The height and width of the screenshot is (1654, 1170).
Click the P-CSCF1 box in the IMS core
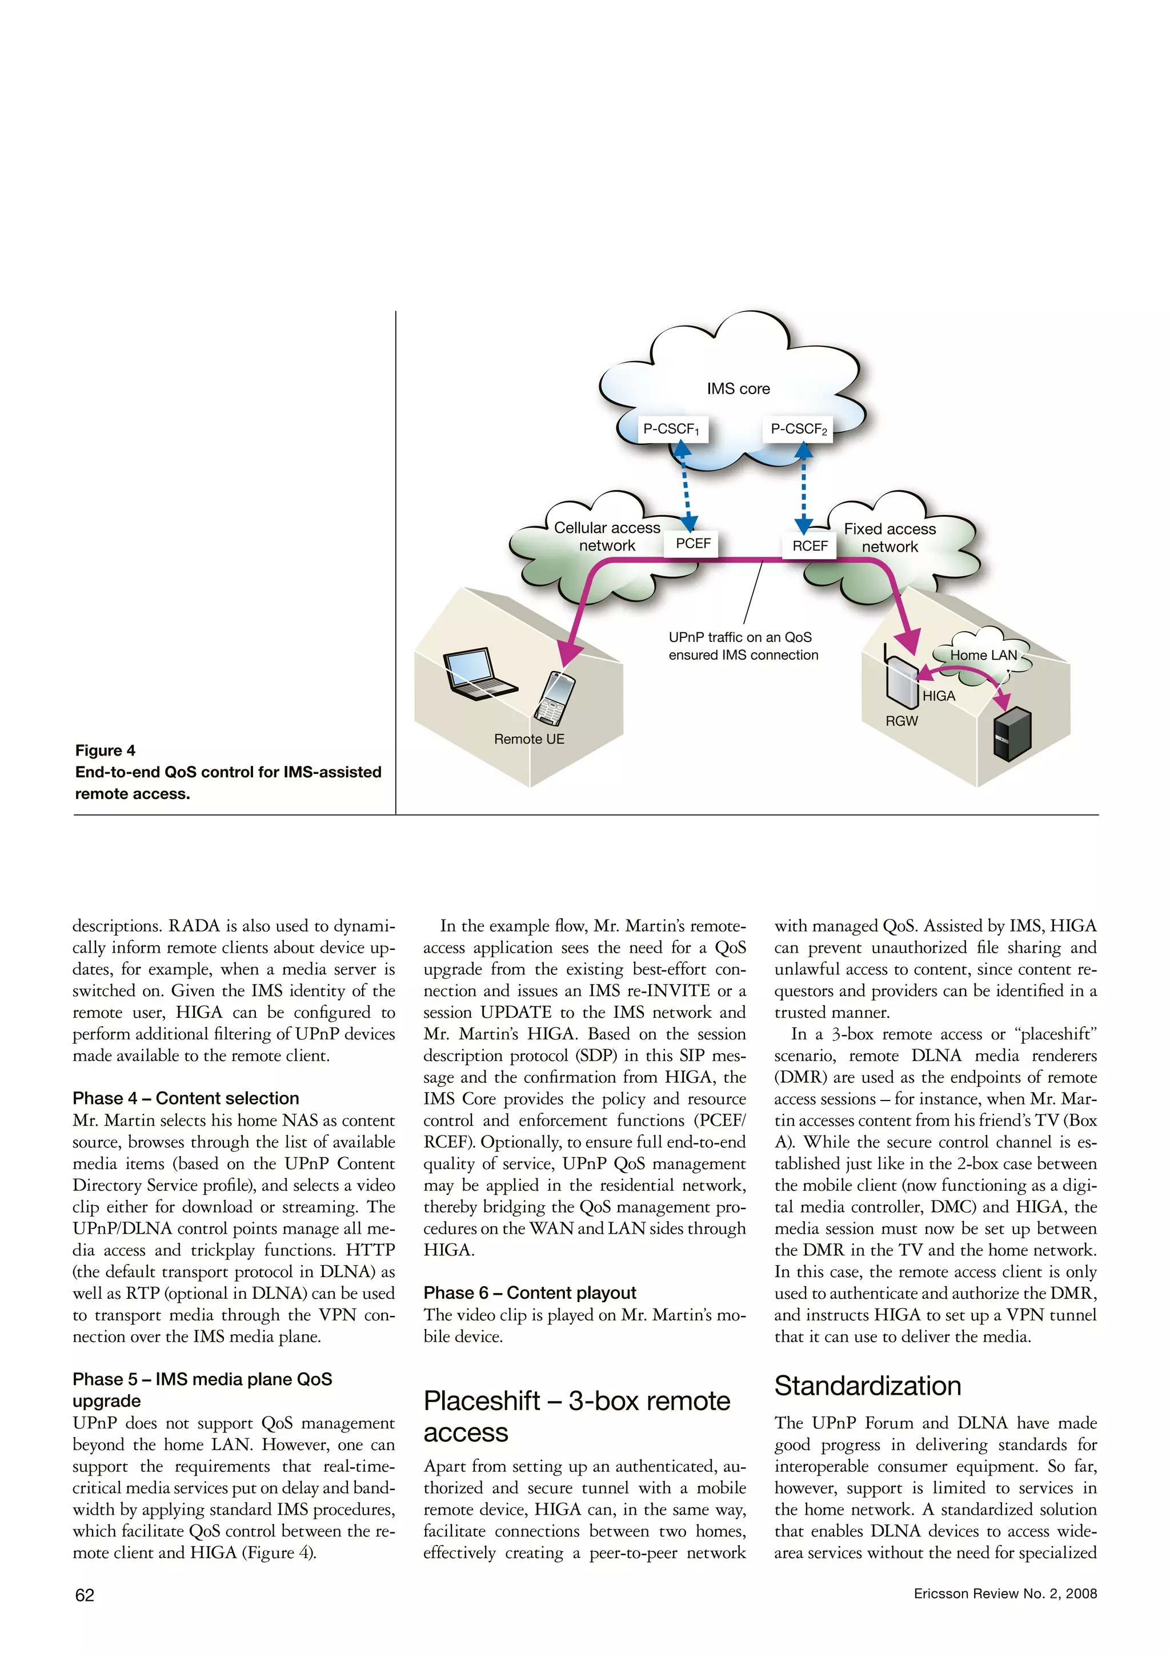pyautogui.click(x=671, y=429)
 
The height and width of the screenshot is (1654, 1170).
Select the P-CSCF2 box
pyautogui.click(x=798, y=429)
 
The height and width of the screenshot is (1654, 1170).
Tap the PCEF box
pyautogui.click(x=692, y=544)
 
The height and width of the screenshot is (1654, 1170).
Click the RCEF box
pyautogui.click(x=810, y=546)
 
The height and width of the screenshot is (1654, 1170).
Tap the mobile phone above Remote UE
pyautogui.click(x=555, y=697)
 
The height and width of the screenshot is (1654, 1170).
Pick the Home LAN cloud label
pyautogui.click(x=983, y=655)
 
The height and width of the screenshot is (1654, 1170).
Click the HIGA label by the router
pyautogui.click(x=939, y=696)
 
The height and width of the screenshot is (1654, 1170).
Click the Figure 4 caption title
pyautogui.click(x=105, y=750)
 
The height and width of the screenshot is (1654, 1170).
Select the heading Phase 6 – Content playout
pyautogui.click(x=530, y=1293)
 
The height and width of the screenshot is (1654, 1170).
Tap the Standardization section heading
pyautogui.click(x=867, y=1386)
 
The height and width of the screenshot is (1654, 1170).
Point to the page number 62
pyautogui.click(x=85, y=1595)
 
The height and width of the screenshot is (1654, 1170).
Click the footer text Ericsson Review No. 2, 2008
pyautogui.click(x=1005, y=1593)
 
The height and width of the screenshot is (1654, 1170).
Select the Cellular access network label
pyautogui.click(x=607, y=537)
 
